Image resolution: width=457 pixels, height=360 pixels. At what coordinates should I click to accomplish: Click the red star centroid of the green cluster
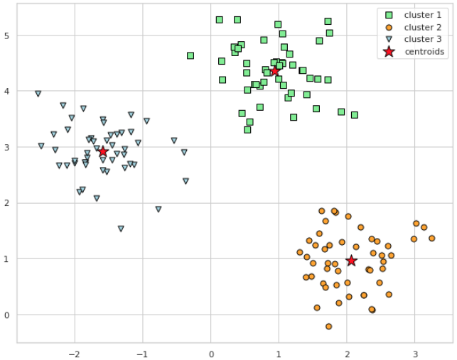tap(275, 71)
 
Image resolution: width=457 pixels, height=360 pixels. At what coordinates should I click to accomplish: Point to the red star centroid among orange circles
tap(351, 261)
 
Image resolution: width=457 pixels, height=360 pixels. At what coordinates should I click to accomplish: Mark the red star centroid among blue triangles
tap(103, 151)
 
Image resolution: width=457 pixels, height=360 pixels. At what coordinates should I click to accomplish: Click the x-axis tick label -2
tap(73, 353)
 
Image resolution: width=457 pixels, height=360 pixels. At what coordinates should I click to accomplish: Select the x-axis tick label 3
tap(415, 353)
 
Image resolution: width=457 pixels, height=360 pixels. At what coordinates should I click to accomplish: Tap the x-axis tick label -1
tap(141, 353)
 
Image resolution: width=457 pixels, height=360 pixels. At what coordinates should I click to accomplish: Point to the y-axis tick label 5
tap(8, 36)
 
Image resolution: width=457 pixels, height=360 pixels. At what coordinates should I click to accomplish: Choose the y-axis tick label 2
tap(8, 203)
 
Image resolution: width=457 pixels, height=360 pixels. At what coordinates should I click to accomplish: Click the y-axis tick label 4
tap(8, 91)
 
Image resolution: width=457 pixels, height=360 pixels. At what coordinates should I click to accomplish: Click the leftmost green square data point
tap(190, 55)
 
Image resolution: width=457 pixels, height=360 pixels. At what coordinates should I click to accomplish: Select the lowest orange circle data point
tap(328, 327)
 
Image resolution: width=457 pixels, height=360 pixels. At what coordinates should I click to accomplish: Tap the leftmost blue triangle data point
tap(38, 94)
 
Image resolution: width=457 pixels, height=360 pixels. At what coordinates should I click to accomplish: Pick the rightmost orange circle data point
tap(431, 239)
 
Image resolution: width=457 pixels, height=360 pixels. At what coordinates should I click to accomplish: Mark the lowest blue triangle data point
tap(121, 229)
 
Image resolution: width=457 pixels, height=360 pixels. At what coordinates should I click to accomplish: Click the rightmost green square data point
tap(354, 115)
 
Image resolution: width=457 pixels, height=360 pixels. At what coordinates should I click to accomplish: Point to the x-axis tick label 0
tap(211, 353)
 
